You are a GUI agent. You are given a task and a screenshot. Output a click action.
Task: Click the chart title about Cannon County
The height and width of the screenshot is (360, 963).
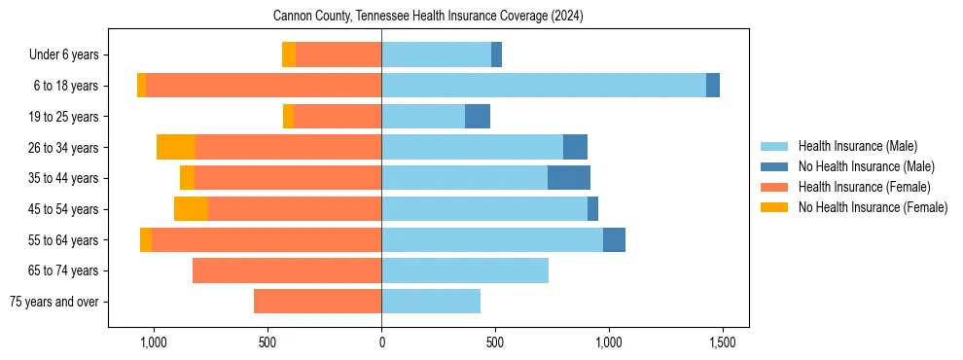428,16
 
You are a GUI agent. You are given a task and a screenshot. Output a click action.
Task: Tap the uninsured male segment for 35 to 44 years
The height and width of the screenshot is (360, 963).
569,178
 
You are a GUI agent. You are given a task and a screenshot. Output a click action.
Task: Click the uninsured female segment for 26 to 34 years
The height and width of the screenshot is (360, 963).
176,147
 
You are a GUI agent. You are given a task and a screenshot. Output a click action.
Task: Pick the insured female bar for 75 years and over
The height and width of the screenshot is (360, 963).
317,302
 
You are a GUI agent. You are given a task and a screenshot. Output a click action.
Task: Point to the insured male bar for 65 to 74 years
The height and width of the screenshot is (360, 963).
465,270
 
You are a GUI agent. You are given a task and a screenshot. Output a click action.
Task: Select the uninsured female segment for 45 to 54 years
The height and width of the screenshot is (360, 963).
191,209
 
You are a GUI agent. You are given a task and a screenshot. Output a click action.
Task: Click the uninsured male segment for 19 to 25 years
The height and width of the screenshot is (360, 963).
478,117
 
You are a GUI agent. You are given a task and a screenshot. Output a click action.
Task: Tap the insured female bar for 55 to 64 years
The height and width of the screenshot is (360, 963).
267,239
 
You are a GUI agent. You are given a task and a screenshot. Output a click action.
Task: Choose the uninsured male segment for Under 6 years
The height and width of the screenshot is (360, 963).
496,54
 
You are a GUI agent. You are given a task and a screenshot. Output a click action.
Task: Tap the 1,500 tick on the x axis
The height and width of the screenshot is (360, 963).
722,343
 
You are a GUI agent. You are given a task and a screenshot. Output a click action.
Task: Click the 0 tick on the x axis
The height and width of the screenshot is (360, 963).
381,343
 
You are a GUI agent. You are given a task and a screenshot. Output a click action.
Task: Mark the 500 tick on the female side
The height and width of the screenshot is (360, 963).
267,343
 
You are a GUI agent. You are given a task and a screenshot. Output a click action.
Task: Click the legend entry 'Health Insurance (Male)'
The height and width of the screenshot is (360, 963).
857,146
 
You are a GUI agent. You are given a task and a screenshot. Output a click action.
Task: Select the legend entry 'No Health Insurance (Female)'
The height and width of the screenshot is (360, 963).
873,207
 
